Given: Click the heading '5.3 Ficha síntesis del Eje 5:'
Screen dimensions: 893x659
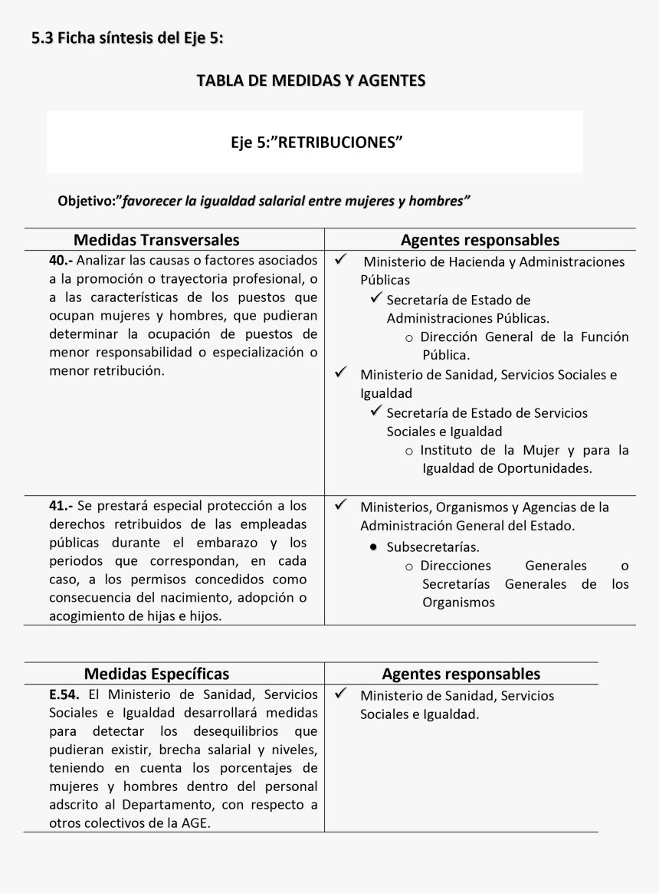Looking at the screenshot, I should click(128, 37).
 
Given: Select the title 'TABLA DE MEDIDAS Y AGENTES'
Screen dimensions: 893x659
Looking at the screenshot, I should click(311, 80).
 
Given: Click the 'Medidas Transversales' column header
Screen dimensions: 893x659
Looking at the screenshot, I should click(156, 240).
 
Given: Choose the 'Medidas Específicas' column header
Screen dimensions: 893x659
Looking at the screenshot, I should click(156, 674).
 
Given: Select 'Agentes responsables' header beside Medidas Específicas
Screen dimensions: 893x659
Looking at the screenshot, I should click(461, 674).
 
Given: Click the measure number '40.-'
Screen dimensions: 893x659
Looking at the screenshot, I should click(61, 261).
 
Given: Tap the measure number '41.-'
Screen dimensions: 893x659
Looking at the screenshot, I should click(61, 506).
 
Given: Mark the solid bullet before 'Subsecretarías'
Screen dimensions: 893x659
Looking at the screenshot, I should click(372, 548).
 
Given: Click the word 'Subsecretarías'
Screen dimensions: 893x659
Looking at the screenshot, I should click(433, 547).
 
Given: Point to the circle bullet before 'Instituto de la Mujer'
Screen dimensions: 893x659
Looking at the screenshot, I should click(410, 451).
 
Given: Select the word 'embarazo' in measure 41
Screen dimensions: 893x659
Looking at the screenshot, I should click(223, 543).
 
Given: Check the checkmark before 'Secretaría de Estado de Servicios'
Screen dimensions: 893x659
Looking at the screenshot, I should click(376, 412).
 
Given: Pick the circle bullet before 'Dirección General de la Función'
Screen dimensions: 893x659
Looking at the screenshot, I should click(410, 337).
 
